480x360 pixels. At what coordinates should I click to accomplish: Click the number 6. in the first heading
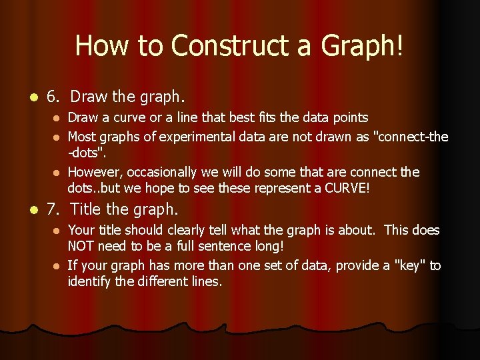[54, 97]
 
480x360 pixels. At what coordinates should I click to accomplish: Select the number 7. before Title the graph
[54, 209]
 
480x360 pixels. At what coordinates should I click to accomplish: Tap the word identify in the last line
[88, 281]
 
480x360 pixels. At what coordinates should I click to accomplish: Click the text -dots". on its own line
[87, 153]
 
